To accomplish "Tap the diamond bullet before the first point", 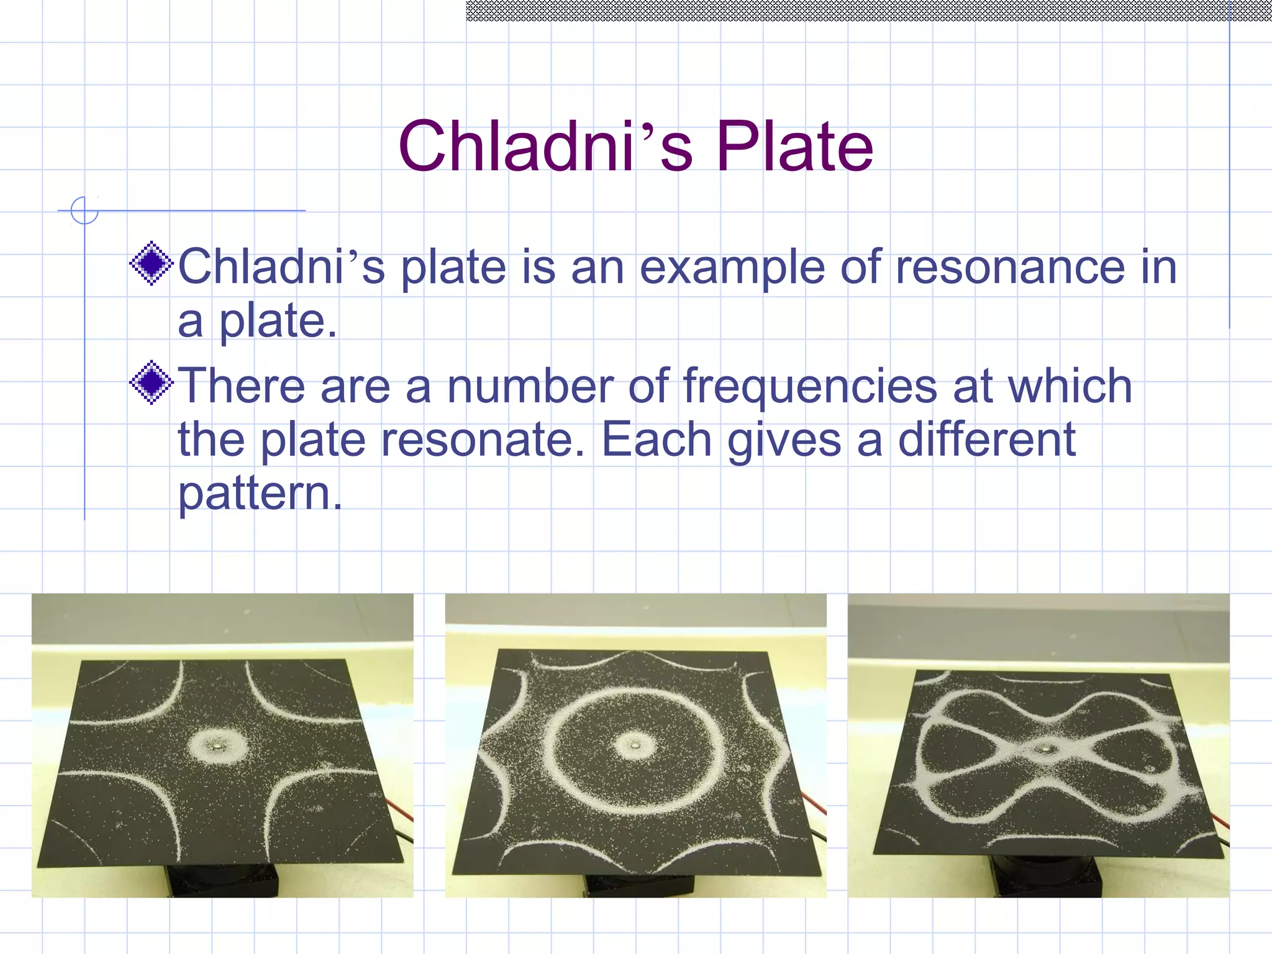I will coord(152,264).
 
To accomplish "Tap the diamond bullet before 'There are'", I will coord(152,383).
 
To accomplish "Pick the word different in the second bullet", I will coord(987,440).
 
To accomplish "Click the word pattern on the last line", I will coord(259,494).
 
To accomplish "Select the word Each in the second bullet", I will coord(656,440).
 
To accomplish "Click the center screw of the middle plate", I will coord(635,743).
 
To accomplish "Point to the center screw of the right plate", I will coord(1048,750).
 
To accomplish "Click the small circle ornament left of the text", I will coord(84,211).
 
